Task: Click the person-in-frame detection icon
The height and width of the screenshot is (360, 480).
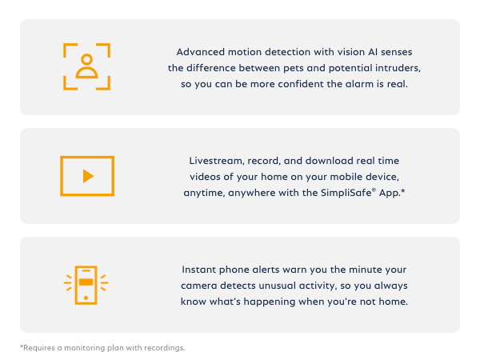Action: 86,66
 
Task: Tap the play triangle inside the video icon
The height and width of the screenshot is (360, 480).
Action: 88,176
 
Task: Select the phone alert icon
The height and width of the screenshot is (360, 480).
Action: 86,284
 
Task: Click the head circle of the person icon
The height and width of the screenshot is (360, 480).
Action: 86,61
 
